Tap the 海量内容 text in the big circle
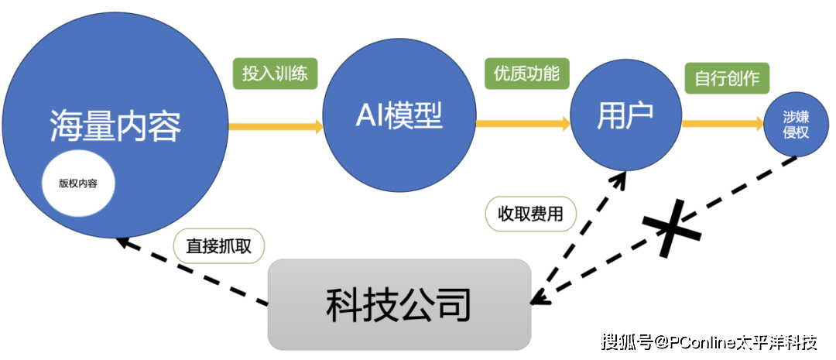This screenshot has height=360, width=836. pyautogui.click(x=115, y=125)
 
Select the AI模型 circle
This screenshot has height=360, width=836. pyautogui.click(x=398, y=116)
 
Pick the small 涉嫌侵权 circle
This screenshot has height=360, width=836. pyautogui.click(x=790, y=124)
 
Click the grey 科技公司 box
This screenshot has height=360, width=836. pyautogui.click(x=399, y=303)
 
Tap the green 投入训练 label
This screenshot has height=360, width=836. pyautogui.click(x=275, y=74)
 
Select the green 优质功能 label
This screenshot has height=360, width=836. pyautogui.click(x=526, y=74)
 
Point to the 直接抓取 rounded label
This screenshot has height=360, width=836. pyautogui.click(x=219, y=246)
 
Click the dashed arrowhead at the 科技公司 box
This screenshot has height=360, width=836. pyautogui.click(x=540, y=297)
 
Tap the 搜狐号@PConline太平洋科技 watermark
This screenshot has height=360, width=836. pyautogui.click(x=709, y=341)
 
